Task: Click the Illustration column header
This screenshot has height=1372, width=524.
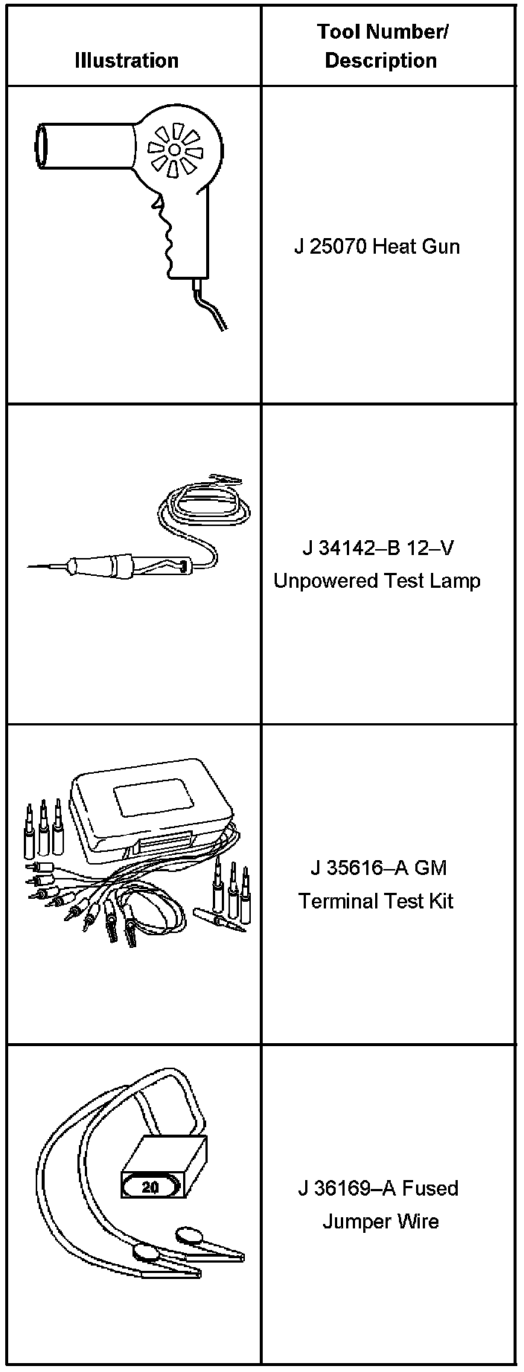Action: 127,60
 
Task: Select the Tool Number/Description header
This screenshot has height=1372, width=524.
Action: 381,46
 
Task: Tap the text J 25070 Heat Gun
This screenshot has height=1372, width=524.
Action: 377,246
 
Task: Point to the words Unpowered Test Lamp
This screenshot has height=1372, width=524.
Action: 377,580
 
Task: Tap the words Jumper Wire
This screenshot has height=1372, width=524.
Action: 380,1222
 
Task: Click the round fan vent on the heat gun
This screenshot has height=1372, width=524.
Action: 174,150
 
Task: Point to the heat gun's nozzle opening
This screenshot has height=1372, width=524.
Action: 41,147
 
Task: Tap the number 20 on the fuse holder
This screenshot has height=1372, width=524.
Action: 150,1187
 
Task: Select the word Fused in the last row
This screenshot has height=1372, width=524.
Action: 429,1188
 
